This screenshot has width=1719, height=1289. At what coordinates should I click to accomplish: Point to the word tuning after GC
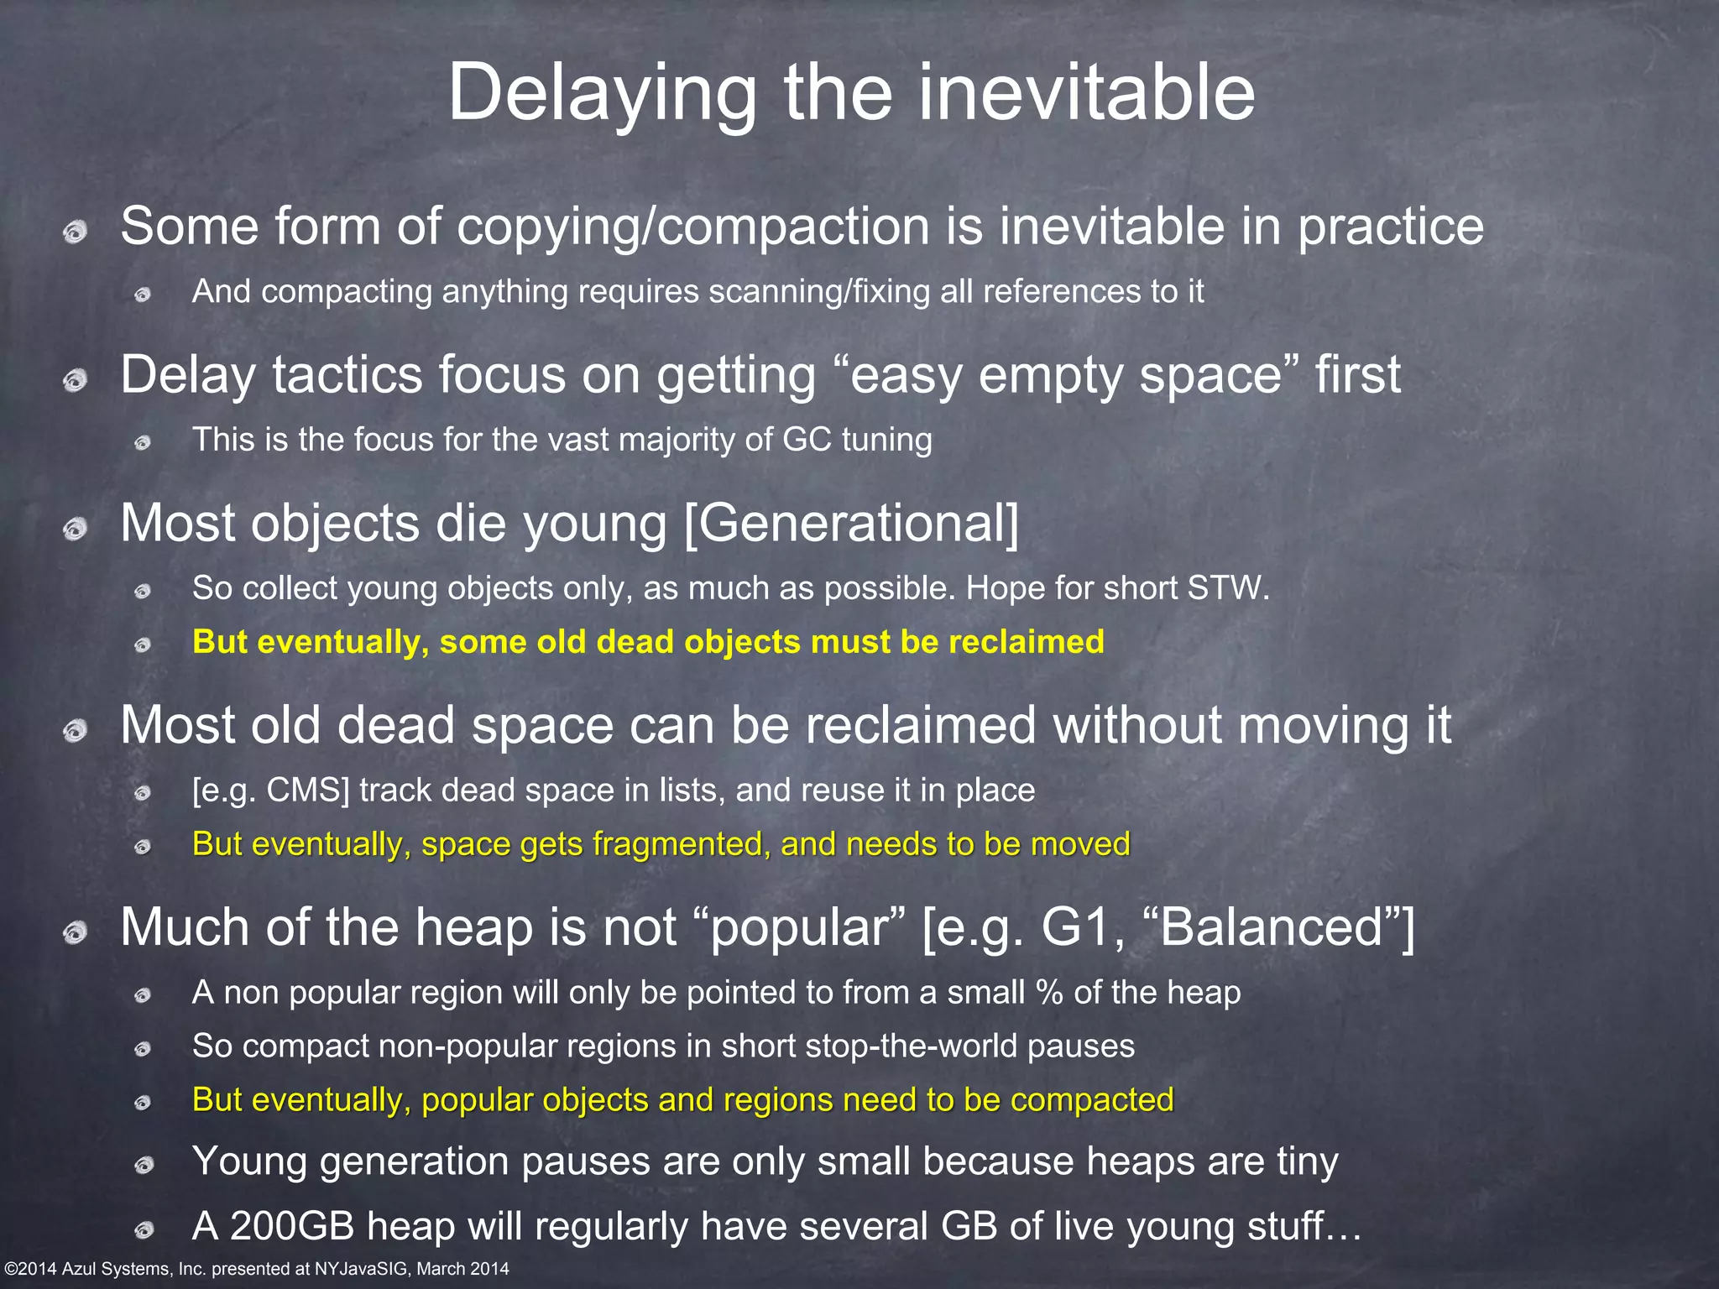click(x=886, y=440)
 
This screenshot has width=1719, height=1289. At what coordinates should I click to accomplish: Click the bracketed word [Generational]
click(x=851, y=524)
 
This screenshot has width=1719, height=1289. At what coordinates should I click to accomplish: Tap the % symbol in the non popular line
click(x=1049, y=993)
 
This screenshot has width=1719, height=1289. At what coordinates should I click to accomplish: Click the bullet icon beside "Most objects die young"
click(x=76, y=529)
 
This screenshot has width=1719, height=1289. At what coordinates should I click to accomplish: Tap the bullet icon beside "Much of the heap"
click(x=76, y=932)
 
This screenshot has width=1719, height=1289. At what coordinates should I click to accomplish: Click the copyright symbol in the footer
click(x=10, y=1270)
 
